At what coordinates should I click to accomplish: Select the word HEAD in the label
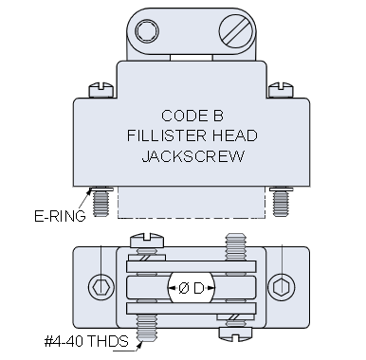(225, 135)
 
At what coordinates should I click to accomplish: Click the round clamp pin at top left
(144, 33)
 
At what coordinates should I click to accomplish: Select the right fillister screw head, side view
(278, 92)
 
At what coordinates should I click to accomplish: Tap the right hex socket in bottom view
(276, 287)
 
